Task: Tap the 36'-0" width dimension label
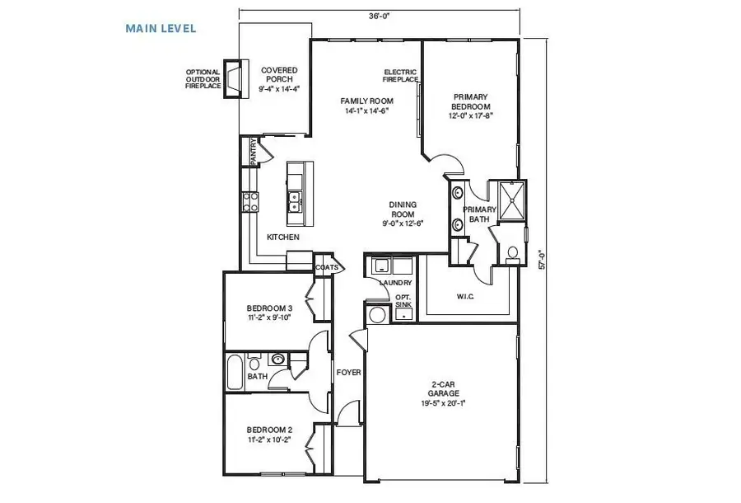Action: coord(380,15)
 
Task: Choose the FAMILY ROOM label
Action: coord(365,106)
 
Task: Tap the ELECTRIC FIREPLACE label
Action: coord(401,76)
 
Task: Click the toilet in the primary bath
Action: coord(511,253)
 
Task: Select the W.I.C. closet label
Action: coord(467,296)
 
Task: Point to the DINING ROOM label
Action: coord(403,213)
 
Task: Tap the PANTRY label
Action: coord(254,153)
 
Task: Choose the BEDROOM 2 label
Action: coord(270,435)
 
